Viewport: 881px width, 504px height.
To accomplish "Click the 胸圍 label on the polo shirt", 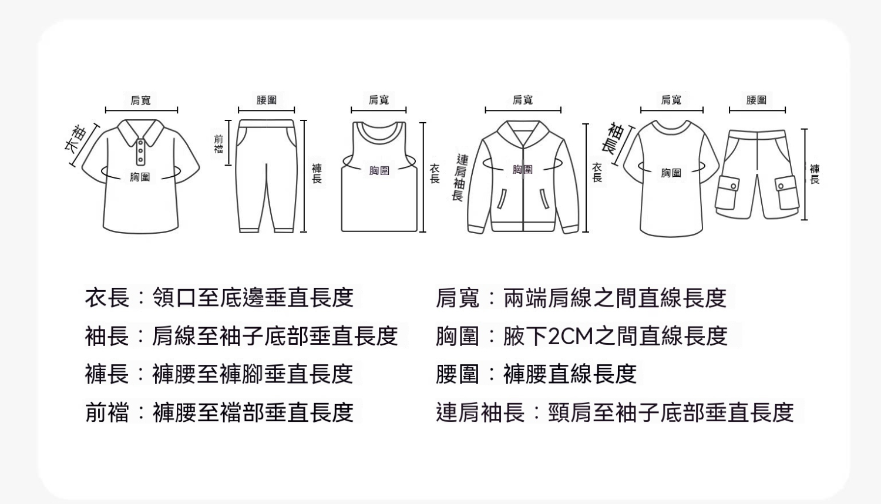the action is click(140, 177).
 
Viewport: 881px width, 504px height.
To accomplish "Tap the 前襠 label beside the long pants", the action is click(218, 144).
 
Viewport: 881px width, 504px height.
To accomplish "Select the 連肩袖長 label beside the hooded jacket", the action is click(460, 177).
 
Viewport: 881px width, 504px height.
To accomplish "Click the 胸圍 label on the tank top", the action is click(379, 170).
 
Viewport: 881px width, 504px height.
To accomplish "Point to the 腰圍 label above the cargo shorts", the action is click(756, 100).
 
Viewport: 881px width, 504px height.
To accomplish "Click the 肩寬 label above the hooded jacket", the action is click(523, 100).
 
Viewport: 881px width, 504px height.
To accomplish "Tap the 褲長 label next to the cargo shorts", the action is click(815, 174).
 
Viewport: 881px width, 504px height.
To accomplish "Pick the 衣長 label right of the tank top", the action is click(435, 173).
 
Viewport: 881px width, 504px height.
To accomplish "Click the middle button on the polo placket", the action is click(140, 151).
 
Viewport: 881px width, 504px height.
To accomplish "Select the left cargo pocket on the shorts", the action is click(727, 193).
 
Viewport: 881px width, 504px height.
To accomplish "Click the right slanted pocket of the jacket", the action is click(544, 199).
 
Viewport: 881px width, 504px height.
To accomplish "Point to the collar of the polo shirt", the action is click(140, 133).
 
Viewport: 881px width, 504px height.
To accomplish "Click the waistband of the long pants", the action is click(267, 123).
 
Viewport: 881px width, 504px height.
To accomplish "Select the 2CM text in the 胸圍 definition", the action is click(570, 337).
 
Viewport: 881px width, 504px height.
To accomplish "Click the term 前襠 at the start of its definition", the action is click(106, 413).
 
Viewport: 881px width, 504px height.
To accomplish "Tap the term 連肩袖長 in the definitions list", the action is click(480, 413).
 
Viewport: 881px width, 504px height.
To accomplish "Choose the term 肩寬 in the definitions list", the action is click(458, 298).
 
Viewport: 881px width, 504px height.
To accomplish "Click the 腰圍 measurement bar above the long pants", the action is click(266, 110).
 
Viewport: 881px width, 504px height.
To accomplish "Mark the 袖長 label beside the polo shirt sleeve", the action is click(76, 139).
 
